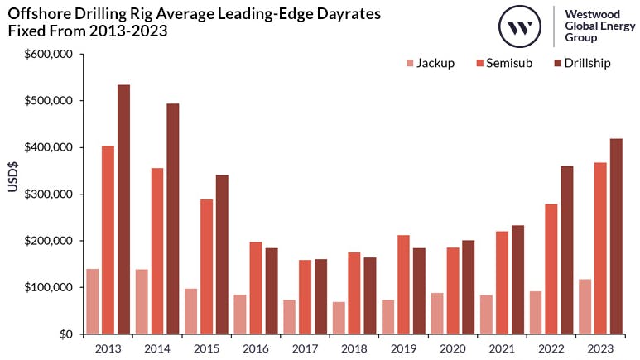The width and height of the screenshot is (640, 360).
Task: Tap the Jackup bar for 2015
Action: click(190, 311)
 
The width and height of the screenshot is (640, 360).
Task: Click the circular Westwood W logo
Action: click(520, 26)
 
